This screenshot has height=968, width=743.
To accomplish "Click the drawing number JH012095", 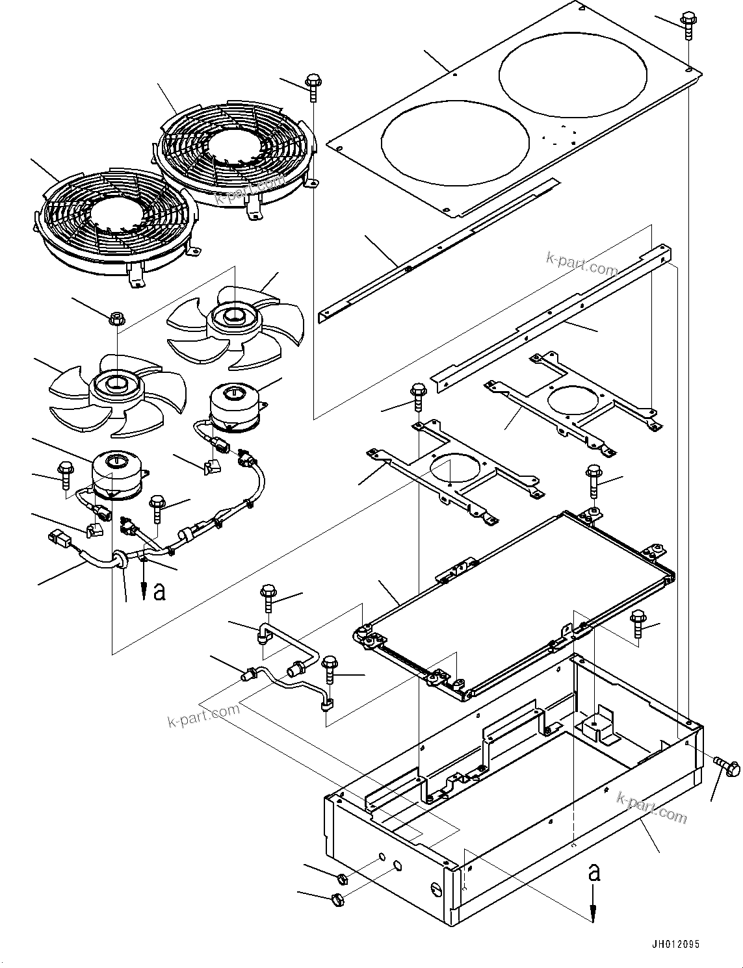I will (x=674, y=945).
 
